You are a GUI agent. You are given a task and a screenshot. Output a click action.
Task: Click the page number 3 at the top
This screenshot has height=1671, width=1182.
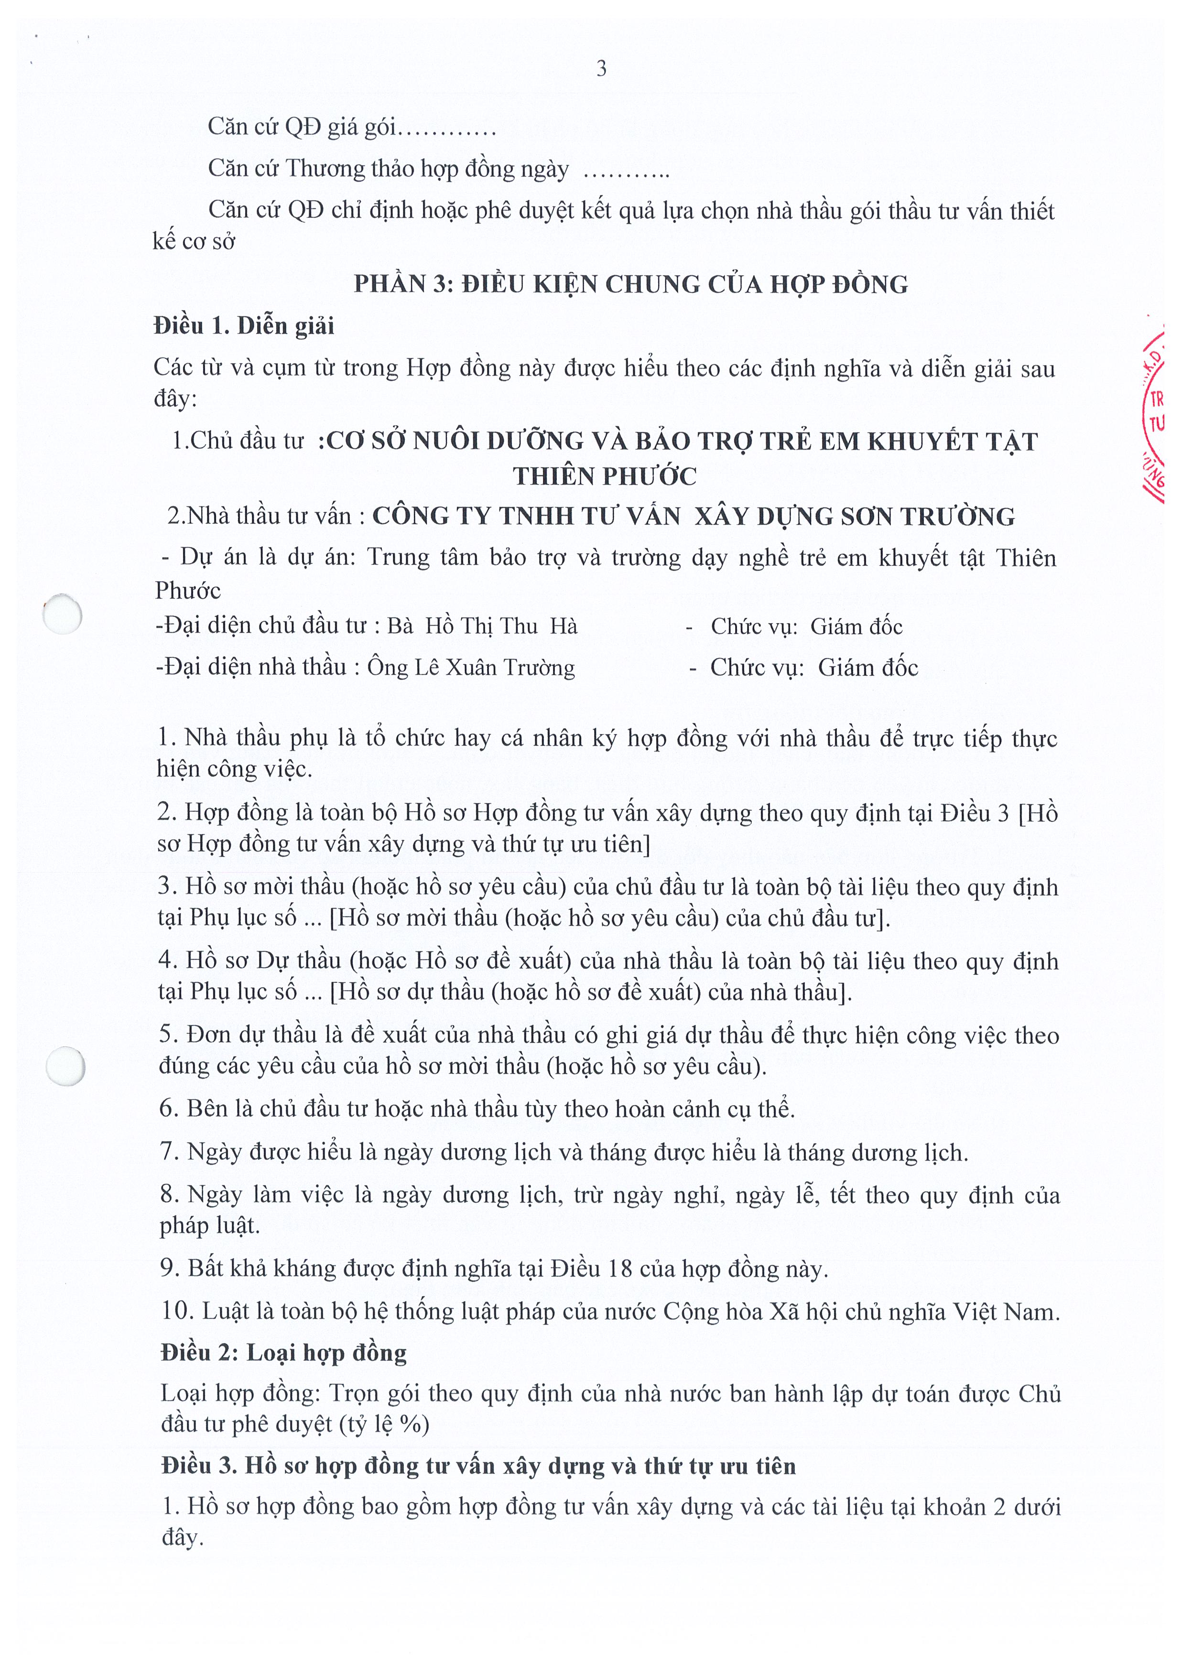pyautogui.click(x=601, y=69)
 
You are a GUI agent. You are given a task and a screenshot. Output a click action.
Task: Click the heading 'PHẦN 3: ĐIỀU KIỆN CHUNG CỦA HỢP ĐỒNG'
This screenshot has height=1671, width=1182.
pyautogui.click(x=630, y=285)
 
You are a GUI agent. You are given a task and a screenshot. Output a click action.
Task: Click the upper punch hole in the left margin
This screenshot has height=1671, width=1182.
pyautogui.click(x=63, y=615)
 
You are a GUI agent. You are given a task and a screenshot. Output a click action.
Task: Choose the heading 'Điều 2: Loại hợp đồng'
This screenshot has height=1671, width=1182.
pyautogui.click(x=283, y=1353)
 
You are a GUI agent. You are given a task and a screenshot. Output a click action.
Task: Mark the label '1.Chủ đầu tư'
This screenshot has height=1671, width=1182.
pyautogui.click(x=237, y=441)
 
